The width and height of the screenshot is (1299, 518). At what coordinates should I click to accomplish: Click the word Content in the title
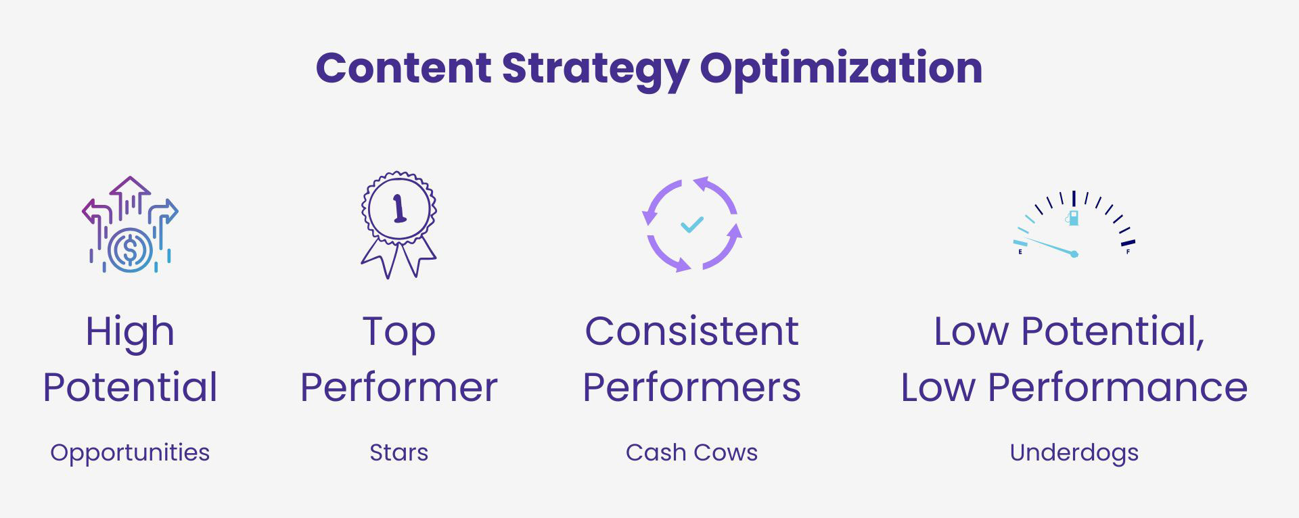pos(403,68)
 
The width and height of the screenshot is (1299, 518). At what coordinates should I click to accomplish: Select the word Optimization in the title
pos(841,70)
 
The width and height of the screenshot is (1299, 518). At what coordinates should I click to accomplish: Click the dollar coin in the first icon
pos(130,250)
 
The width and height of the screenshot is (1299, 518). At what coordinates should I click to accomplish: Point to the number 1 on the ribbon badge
pos(400,208)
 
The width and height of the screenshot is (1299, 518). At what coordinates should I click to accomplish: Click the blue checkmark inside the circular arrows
pos(692,224)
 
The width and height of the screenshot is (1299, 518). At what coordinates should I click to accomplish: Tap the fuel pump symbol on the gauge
pos(1072,218)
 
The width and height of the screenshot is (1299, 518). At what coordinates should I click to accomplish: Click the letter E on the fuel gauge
pos(1020,252)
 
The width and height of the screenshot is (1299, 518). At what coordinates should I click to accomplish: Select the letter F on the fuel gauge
pos(1128,252)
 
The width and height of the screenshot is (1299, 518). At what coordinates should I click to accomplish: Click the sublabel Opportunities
pos(130,453)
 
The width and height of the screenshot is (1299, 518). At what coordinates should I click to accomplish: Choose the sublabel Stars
pos(399,452)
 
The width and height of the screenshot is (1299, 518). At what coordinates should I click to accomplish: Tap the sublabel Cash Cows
pos(691,452)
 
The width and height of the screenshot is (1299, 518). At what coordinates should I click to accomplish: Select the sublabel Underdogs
pos(1074,453)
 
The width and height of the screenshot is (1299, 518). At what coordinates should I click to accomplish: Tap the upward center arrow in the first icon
pos(130,197)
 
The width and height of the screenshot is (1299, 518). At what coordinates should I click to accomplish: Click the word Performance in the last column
pos(1118,387)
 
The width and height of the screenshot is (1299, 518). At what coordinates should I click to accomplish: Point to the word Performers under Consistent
pos(692,387)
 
